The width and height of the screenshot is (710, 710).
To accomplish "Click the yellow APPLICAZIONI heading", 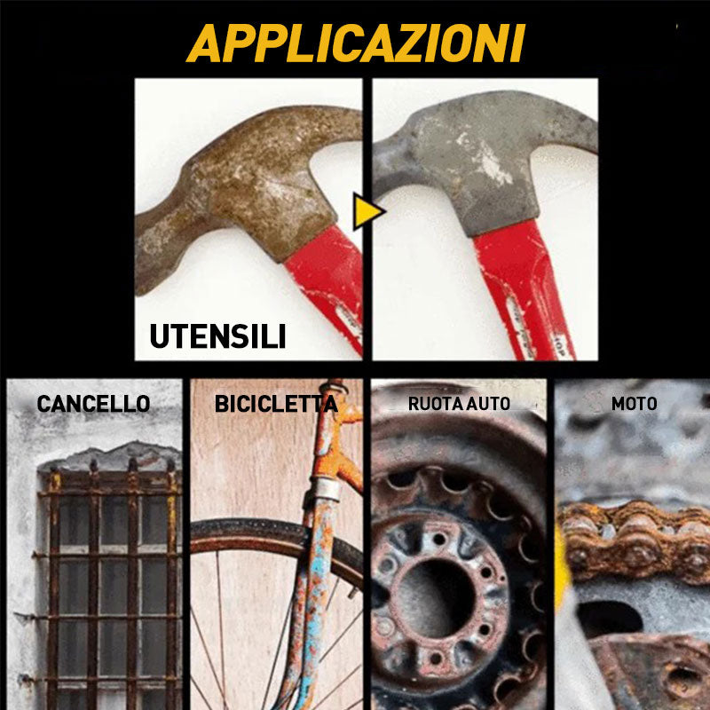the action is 356,43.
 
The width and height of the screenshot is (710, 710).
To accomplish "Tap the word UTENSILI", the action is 217,336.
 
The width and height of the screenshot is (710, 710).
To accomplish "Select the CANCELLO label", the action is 93,404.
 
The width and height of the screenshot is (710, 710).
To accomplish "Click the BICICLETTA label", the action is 276,404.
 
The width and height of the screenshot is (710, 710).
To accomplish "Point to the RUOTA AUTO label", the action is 459,404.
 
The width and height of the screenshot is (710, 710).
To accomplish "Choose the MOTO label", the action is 634,404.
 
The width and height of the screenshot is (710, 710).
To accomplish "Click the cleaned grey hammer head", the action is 485,159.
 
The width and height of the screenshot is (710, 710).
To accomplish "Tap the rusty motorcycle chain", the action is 634,541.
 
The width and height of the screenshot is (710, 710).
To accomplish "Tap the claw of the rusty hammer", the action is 163,254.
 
